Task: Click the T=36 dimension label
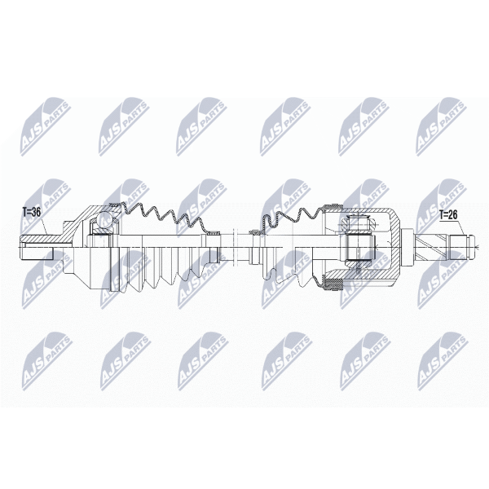point(31,213)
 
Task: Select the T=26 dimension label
point(449,215)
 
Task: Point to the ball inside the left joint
point(104,218)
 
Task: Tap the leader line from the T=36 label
point(44,226)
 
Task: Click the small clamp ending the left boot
point(214,232)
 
